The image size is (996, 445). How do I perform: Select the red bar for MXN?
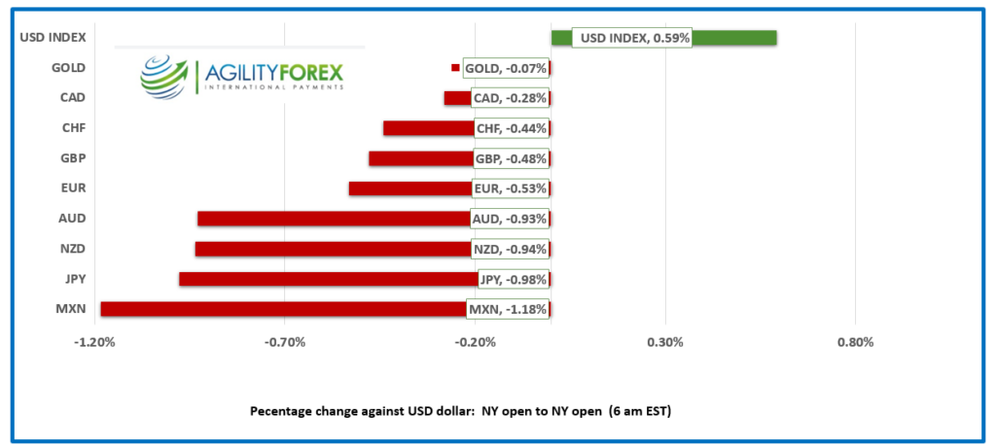click(x=282, y=309)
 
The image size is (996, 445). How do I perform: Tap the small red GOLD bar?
click(x=455, y=67)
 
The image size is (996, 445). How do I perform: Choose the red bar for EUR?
click(x=409, y=188)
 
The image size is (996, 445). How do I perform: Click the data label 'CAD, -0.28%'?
click(x=510, y=98)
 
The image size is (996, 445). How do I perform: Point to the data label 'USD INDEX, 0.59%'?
click(x=631, y=38)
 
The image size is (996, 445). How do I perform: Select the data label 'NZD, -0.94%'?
click(x=510, y=249)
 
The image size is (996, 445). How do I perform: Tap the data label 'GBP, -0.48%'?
click(x=511, y=158)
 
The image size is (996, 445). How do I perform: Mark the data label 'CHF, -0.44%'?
click(x=511, y=128)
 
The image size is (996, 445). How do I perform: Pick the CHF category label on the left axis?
click(x=72, y=128)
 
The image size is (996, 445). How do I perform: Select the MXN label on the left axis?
click(x=71, y=309)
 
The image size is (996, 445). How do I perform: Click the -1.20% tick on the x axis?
click(x=95, y=342)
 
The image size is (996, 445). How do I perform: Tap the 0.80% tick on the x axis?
click(x=855, y=342)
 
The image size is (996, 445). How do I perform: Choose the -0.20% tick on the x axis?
click(x=476, y=342)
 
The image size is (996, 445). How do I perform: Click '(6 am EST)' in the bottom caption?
click(x=640, y=411)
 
